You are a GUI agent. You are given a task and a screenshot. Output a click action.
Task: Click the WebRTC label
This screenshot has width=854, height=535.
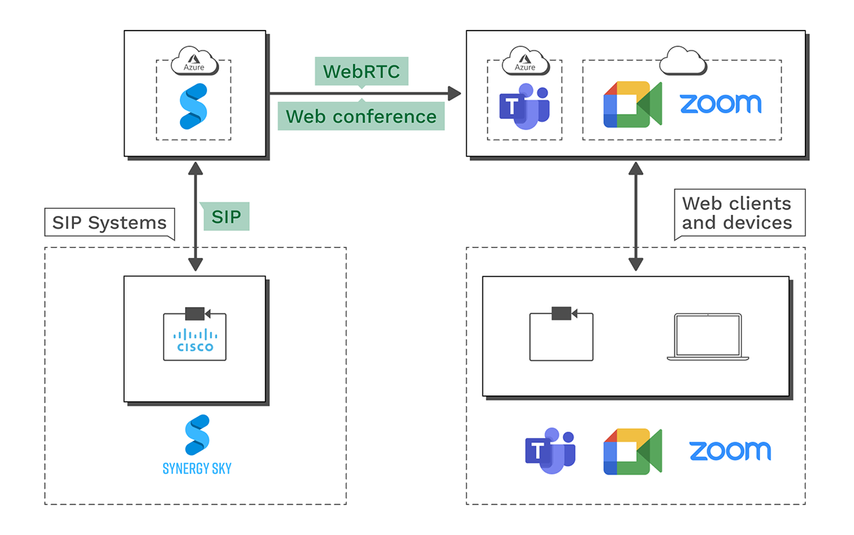coord(362,71)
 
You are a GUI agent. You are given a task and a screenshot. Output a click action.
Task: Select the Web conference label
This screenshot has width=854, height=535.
coord(361,115)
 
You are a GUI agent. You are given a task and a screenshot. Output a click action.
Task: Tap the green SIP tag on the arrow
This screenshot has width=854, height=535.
coord(227,216)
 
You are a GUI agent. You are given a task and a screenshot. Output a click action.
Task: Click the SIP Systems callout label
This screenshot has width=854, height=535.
coord(110,223)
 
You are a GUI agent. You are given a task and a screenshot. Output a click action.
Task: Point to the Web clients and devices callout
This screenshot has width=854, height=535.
coord(737,212)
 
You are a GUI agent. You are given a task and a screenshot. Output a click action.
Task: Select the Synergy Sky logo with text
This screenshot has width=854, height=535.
coord(196,445)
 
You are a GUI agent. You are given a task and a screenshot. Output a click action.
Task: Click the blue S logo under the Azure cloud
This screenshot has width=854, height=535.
coord(194,106)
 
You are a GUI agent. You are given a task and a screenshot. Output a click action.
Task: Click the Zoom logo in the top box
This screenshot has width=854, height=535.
coord(720,104)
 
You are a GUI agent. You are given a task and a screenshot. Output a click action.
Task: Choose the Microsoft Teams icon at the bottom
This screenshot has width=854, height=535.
coord(549,452)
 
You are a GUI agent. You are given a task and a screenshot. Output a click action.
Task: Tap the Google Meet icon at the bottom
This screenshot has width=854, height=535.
coord(632,452)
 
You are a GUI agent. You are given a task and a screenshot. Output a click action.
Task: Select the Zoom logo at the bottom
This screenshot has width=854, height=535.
coord(729,451)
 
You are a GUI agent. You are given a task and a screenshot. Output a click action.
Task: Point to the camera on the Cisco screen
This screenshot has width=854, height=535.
coord(195,313)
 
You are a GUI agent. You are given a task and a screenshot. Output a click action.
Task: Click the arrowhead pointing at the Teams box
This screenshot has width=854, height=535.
coord(453,93)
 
